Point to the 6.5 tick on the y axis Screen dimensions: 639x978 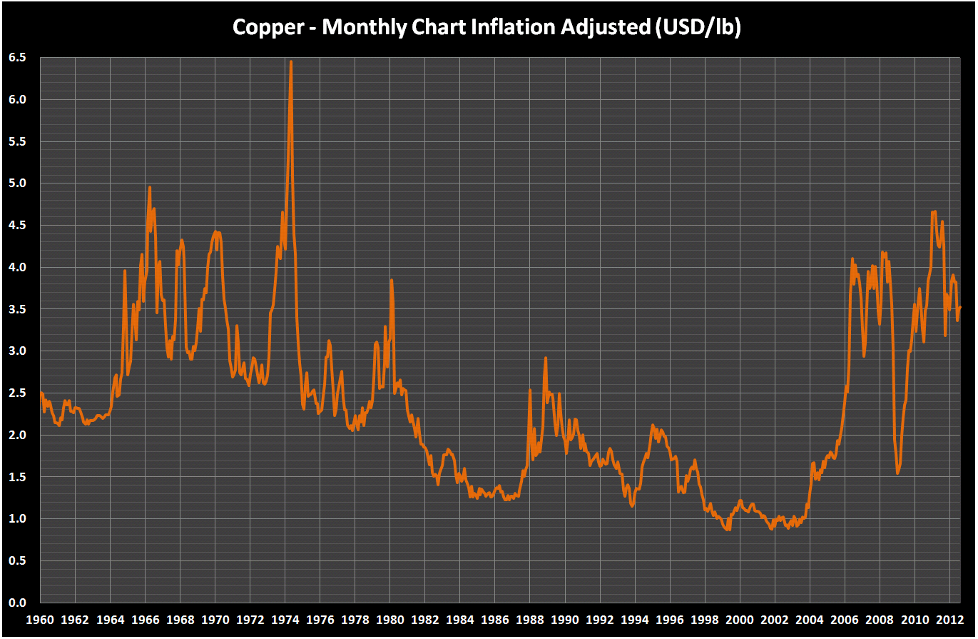[x=17, y=58]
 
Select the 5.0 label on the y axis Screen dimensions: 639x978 [x=17, y=183]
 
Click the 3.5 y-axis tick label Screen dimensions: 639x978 [x=17, y=309]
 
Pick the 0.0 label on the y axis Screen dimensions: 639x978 [x=17, y=603]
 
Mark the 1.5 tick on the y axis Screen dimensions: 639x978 [x=17, y=477]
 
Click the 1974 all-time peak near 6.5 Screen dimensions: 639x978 [x=290, y=62]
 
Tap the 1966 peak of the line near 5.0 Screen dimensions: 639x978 [x=150, y=187]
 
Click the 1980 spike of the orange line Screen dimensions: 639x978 [x=391, y=280]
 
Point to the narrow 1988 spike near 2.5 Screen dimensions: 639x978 [x=530, y=390]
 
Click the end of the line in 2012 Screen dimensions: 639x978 [x=960, y=308]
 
